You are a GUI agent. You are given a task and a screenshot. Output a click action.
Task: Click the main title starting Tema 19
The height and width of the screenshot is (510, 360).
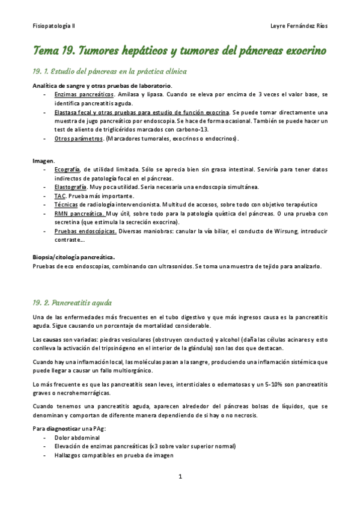tap(180, 51)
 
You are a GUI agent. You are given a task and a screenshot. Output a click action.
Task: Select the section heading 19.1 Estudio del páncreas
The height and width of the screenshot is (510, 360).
tap(110, 72)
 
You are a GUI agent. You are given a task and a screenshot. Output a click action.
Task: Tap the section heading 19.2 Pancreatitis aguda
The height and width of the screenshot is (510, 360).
tap(72, 303)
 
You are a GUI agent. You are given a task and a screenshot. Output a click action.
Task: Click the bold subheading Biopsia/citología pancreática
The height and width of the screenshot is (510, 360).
tap(74, 257)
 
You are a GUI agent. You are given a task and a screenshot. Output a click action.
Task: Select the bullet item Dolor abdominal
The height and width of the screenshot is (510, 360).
tap(76, 438)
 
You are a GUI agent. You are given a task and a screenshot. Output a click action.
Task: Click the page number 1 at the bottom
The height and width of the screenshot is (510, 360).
tap(180, 476)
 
